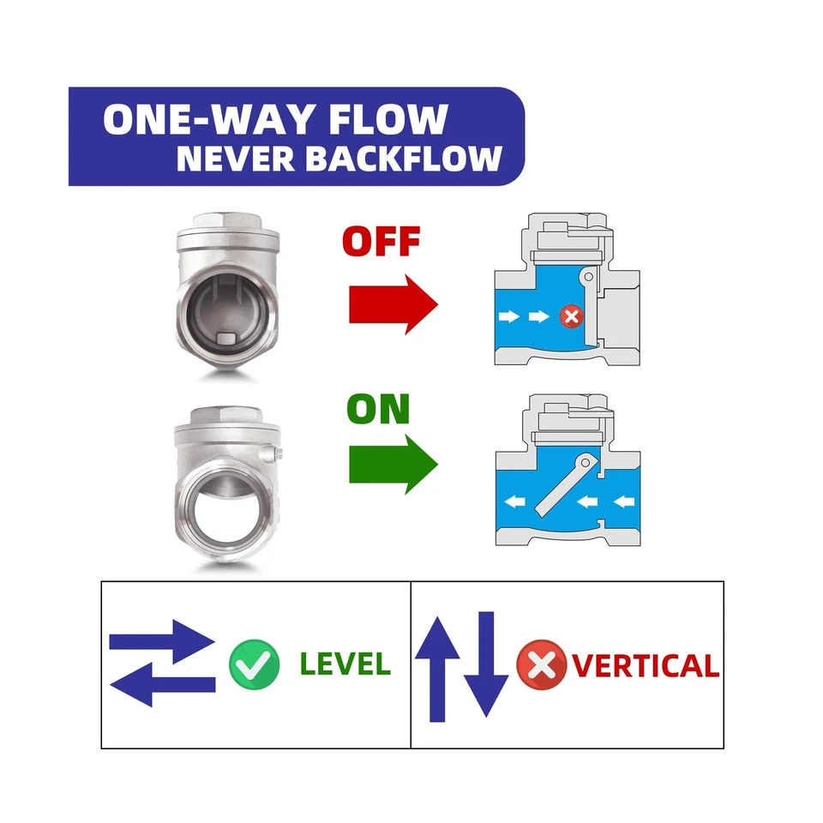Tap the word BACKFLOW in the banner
(414, 159)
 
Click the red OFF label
(381, 243)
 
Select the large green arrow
(393, 465)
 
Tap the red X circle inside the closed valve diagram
(571, 317)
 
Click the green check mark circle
(255, 663)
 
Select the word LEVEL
(345, 663)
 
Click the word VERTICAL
(645, 665)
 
